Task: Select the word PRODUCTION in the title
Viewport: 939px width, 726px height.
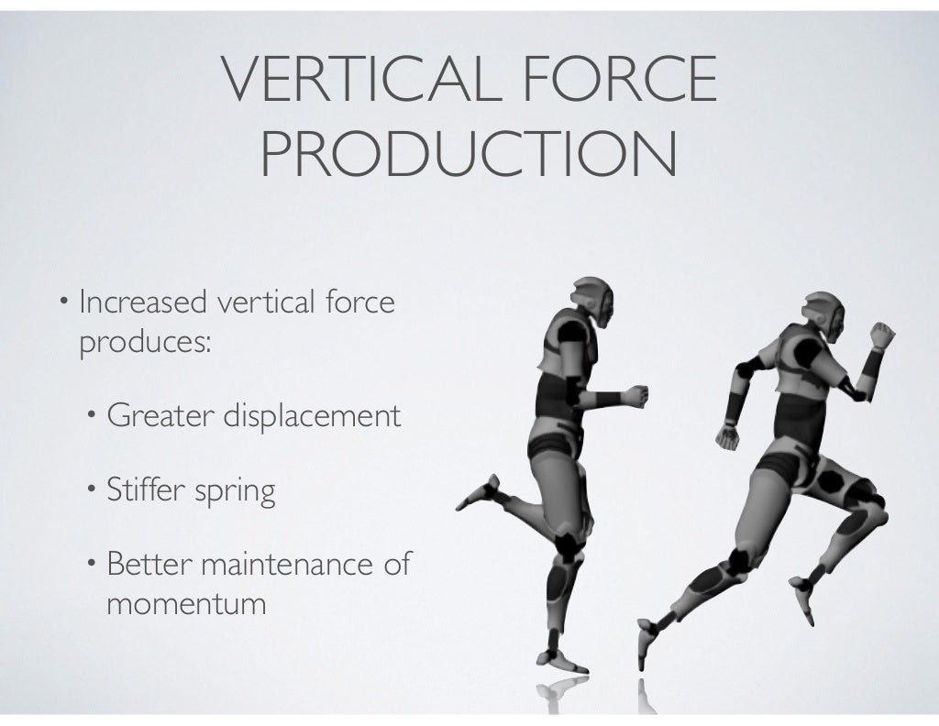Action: pyautogui.click(x=469, y=156)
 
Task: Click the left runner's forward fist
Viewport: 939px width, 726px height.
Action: pyautogui.click(x=635, y=396)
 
